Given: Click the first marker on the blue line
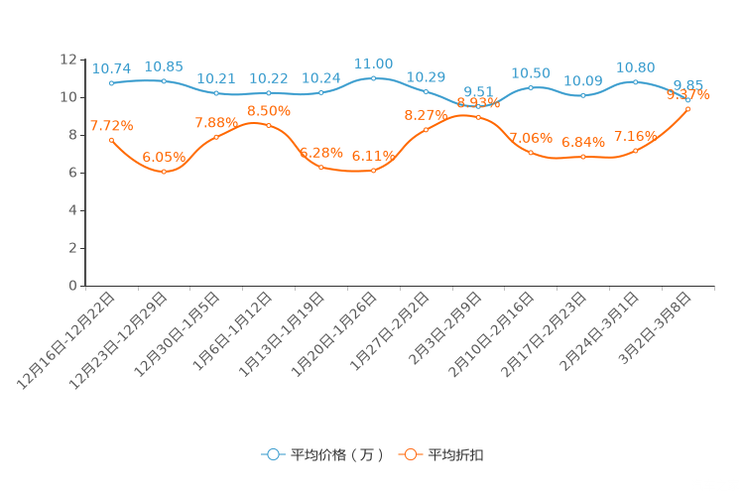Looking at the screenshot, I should click(112, 83).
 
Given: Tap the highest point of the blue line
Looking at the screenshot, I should click(373, 77).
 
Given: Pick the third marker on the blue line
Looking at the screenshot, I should click(216, 93).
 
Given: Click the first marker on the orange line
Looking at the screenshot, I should click(112, 140).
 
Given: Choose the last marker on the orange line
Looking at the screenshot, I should click(688, 107).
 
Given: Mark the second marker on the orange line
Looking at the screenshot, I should click(164, 172).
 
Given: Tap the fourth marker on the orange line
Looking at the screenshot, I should click(268, 125).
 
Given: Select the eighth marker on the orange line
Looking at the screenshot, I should click(478, 117).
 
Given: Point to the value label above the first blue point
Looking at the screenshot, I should click(112, 69).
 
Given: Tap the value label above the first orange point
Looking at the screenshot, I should click(112, 126).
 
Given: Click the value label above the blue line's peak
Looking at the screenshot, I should click(373, 63).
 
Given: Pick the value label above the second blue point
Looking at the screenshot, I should click(164, 66).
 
